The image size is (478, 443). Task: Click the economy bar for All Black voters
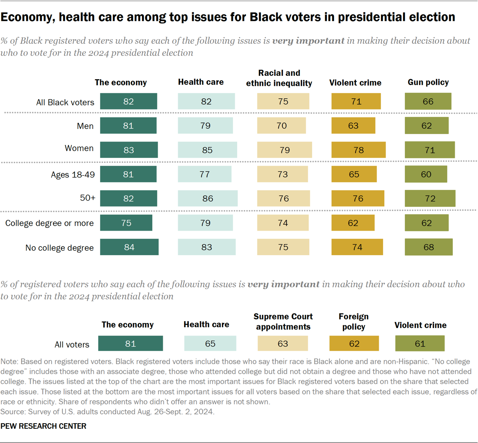point(128,101)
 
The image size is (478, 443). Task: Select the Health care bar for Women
point(207,150)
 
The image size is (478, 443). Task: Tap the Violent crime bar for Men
point(353,126)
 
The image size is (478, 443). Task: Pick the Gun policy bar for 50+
point(430,198)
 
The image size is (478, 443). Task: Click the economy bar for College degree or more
point(126,223)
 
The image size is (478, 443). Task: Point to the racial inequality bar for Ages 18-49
point(282,174)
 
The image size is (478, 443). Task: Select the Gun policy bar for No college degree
point(428,247)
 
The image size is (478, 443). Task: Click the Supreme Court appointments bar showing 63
point(283,343)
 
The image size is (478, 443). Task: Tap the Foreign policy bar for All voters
point(354,343)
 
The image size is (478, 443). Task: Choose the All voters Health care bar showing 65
point(210,343)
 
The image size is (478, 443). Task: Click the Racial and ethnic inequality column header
point(279,78)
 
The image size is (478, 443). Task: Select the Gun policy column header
point(428,82)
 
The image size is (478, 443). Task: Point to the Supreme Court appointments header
point(283,322)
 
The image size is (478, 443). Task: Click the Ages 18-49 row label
point(73,174)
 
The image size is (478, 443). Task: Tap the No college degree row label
point(59,248)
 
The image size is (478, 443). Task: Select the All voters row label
point(72,344)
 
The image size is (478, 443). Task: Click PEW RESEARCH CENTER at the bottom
point(43,426)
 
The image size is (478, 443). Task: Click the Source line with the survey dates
point(107,412)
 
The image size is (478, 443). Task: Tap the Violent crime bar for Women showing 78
point(358,150)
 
